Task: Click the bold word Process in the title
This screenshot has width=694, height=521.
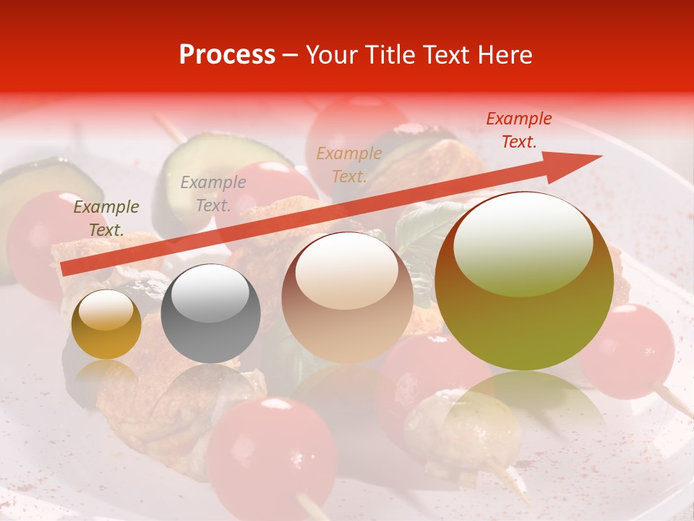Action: point(227,55)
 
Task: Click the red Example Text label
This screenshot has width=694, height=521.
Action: point(518,130)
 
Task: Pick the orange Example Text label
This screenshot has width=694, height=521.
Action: point(349,164)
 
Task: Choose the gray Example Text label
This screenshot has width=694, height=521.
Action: point(213,194)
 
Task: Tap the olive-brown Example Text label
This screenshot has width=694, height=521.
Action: point(106,219)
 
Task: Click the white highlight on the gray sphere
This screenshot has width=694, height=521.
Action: point(211,292)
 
